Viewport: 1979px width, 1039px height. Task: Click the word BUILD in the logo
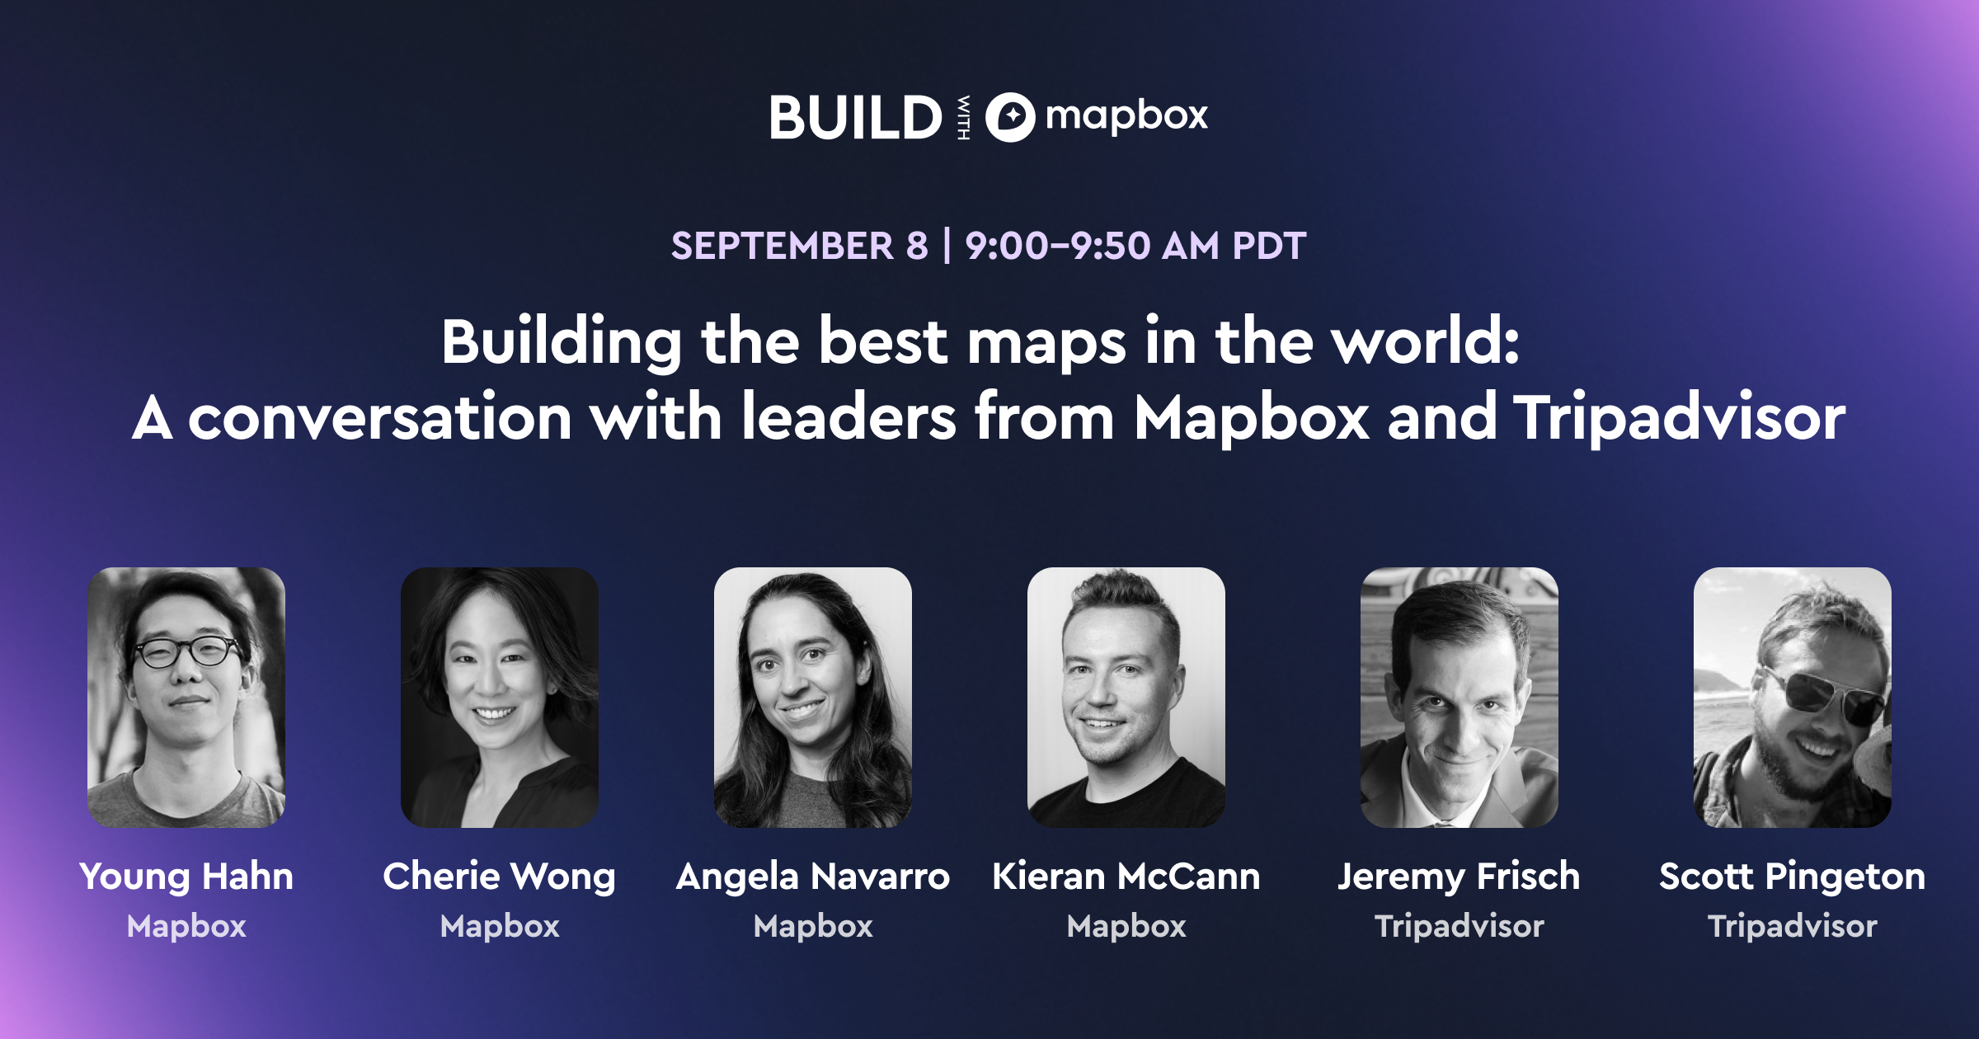click(x=855, y=117)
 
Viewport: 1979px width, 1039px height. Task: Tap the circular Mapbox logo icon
click(x=1010, y=117)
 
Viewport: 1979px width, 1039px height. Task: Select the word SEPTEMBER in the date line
click(x=782, y=246)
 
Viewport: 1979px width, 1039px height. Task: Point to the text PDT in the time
click(x=1269, y=246)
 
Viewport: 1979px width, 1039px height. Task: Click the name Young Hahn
click(x=186, y=876)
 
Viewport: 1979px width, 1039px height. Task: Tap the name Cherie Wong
click(x=500, y=876)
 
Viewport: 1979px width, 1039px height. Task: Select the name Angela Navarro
click(x=813, y=876)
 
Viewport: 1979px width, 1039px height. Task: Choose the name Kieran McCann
click(x=1126, y=876)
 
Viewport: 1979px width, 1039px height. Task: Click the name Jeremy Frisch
click(x=1459, y=876)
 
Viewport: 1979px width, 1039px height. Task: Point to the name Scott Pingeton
click(x=1792, y=876)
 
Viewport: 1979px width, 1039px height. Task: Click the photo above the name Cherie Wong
click(x=500, y=697)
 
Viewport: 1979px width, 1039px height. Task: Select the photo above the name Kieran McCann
click(x=1126, y=697)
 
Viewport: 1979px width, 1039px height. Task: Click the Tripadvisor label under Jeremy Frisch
click(x=1459, y=926)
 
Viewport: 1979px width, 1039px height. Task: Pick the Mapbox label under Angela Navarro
click(x=813, y=926)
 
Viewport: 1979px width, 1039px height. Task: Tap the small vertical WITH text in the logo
click(x=963, y=117)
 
